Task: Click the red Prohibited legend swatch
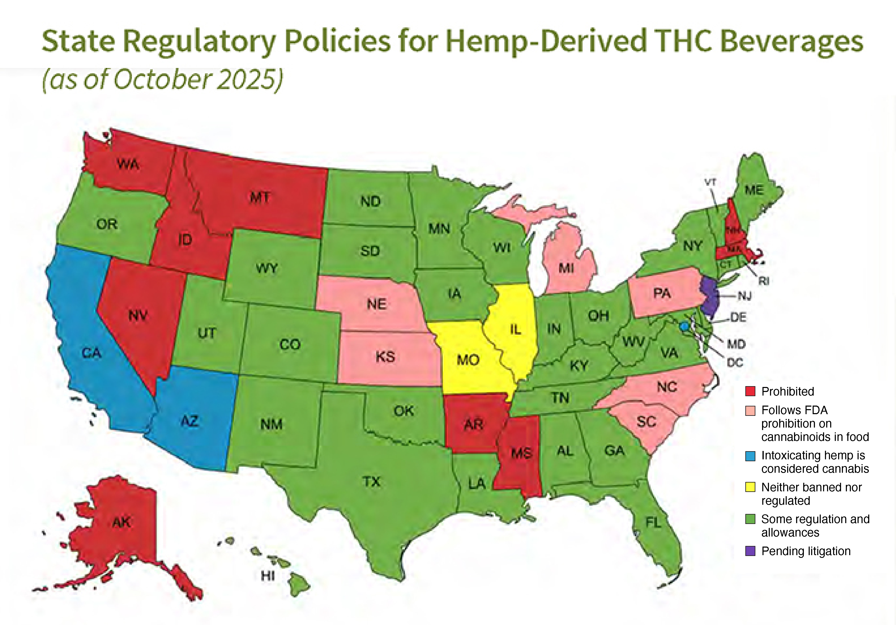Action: tap(750, 391)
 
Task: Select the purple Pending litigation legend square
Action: tap(750, 551)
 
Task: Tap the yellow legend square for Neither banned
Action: tap(750, 487)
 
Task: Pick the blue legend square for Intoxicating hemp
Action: tap(750, 456)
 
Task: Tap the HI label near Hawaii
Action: tap(268, 575)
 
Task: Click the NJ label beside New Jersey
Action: tap(744, 296)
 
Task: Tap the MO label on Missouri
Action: tap(468, 360)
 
